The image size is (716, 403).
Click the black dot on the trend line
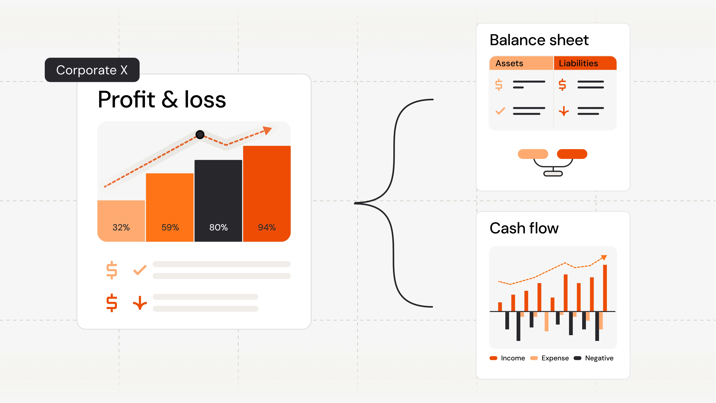tap(200, 135)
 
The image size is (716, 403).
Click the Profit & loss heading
tap(162, 100)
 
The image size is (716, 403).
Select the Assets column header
tap(509, 63)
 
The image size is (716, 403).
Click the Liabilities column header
tap(578, 63)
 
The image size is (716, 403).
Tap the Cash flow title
tap(524, 228)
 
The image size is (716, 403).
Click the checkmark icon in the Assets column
tap(500, 111)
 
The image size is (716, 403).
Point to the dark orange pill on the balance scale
tap(572, 154)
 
